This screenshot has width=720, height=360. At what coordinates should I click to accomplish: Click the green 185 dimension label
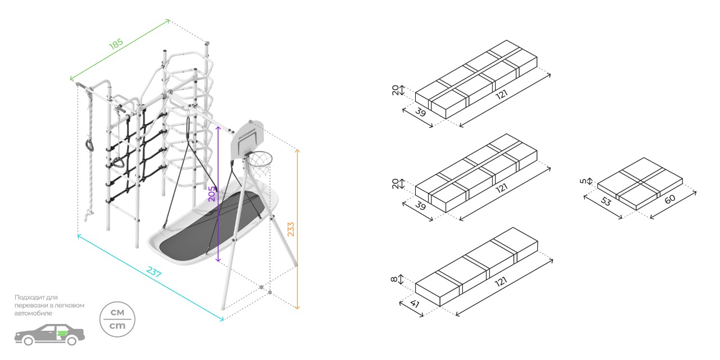click(116, 45)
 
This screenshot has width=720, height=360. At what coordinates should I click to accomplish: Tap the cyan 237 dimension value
click(154, 274)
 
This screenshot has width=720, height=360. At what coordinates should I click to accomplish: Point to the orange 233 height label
click(291, 229)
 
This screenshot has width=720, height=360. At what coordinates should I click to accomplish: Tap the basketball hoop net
click(259, 164)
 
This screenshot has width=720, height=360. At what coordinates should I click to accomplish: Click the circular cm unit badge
click(118, 319)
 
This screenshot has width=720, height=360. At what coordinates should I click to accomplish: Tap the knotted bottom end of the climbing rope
click(88, 214)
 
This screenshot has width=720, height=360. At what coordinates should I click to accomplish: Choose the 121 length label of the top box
click(502, 96)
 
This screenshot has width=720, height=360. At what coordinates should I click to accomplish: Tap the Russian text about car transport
click(49, 305)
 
